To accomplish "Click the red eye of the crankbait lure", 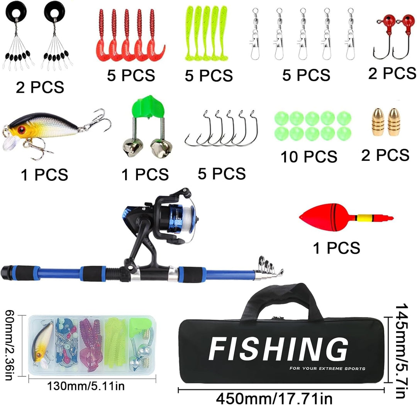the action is pyautogui.click(x=21, y=130).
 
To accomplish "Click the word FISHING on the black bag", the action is pyautogui.click(x=278, y=349).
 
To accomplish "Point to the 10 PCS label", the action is pyautogui.click(x=309, y=157).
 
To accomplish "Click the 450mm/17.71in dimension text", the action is pyautogui.click(x=274, y=398).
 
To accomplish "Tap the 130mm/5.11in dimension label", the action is pyautogui.click(x=86, y=386).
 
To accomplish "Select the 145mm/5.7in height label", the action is pyautogui.click(x=402, y=351).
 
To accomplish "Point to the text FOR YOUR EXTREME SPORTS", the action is pyautogui.click(x=327, y=369).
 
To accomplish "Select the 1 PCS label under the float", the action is pyautogui.click(x=336, y=248).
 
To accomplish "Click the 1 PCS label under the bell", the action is pyautogui.click(x=145, y=175).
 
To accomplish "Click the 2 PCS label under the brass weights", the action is pyautogui.click(x=385, y=155).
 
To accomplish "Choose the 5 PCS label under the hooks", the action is pyautogui.click(x=222, y=174).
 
